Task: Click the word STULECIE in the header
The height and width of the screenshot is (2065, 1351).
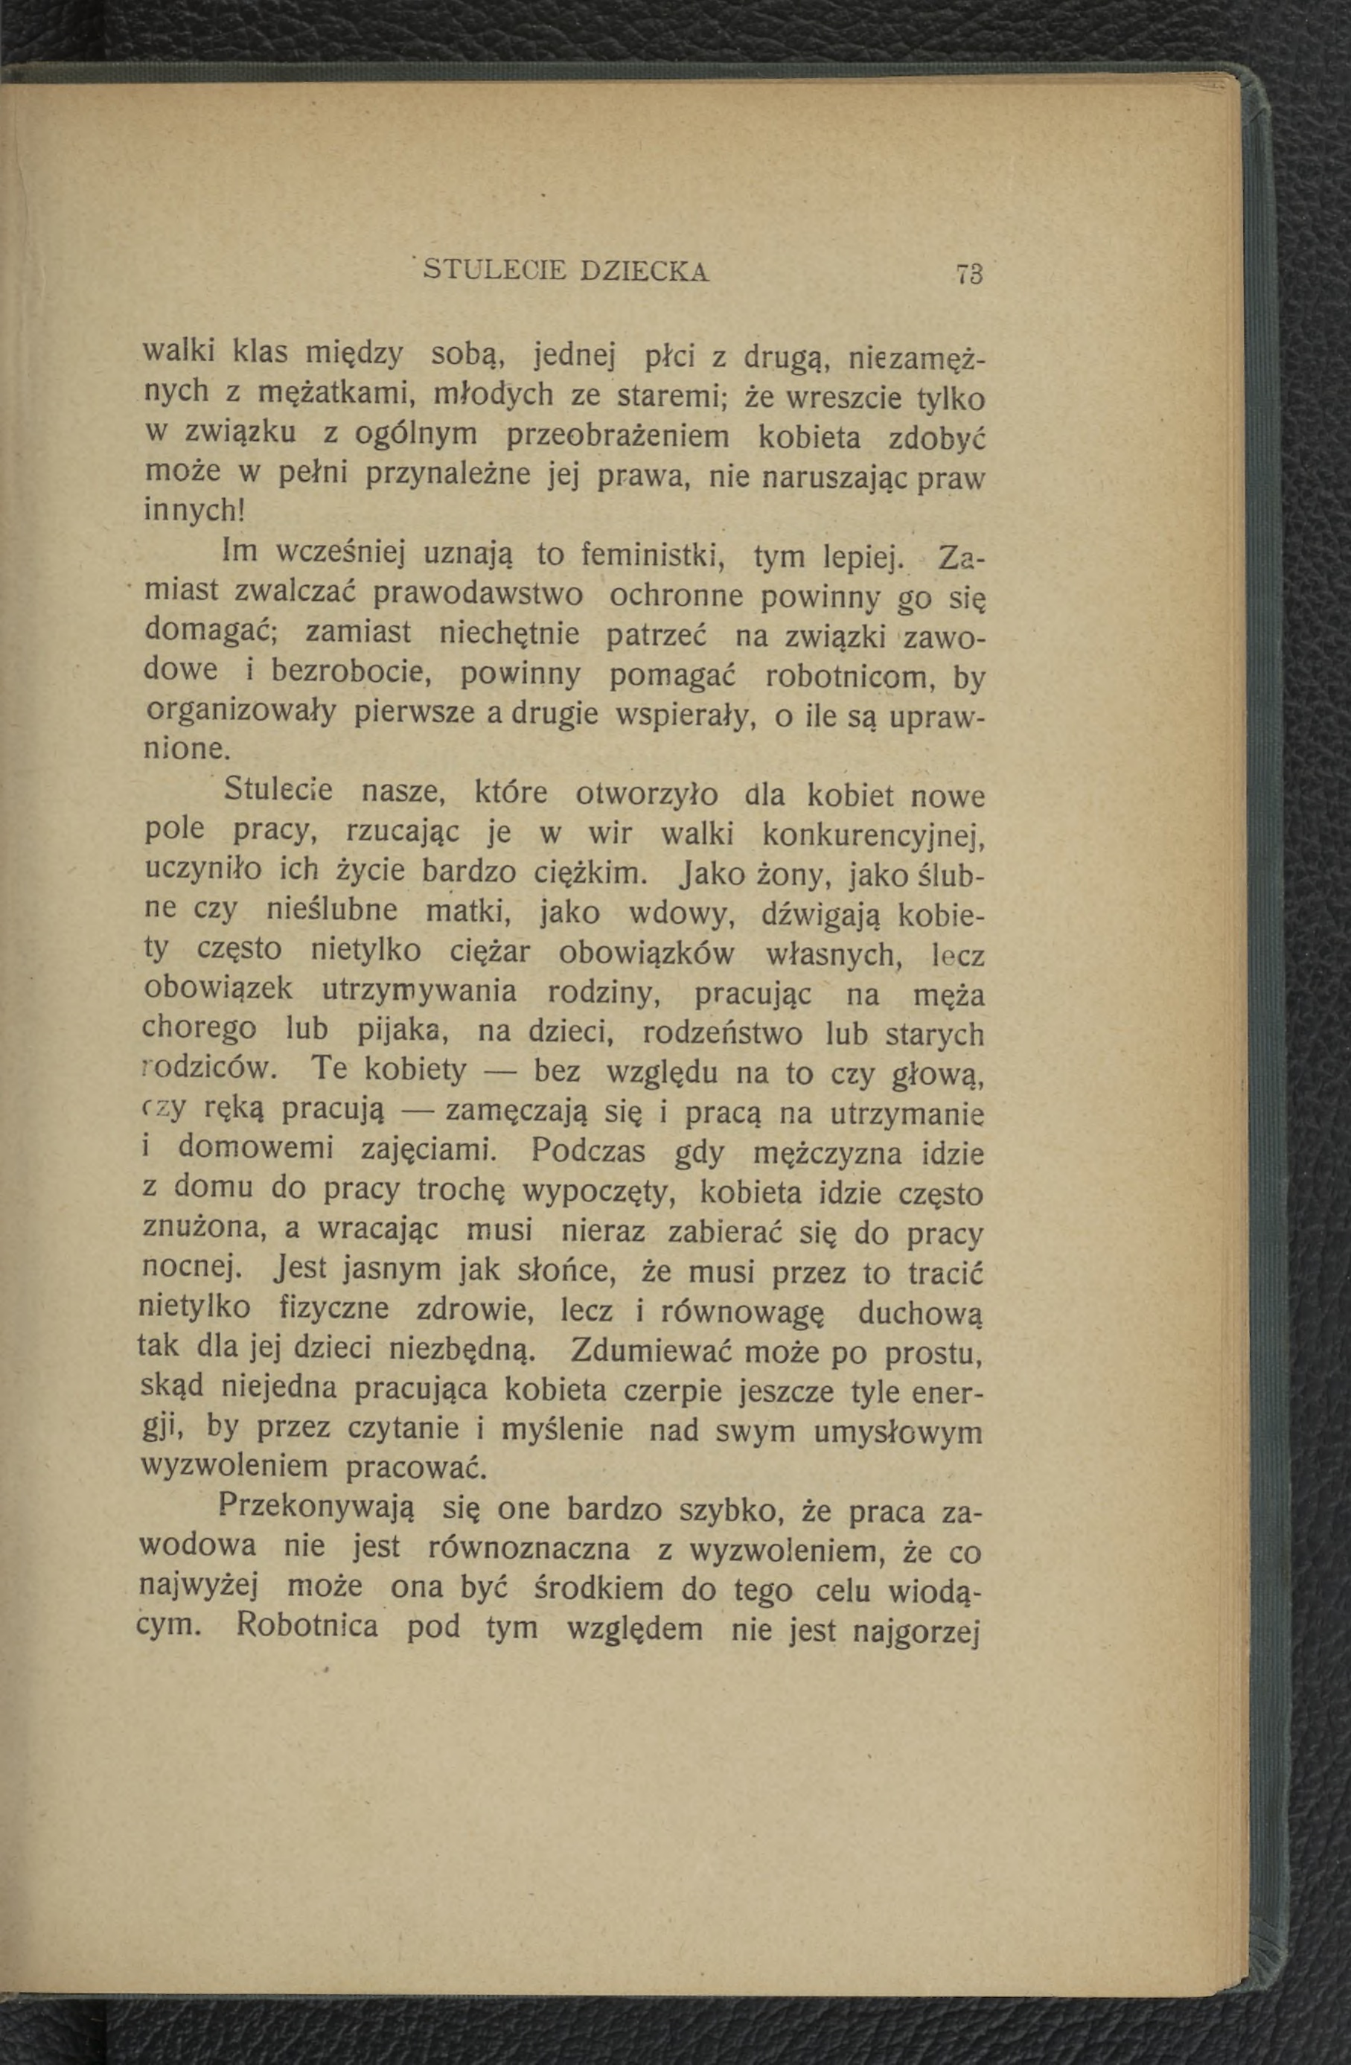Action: coord(492,272)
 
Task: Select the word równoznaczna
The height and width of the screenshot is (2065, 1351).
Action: coord(529,1548)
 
